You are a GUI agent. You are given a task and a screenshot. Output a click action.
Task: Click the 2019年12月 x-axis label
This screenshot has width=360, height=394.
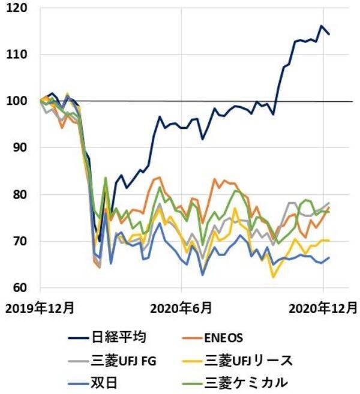40,308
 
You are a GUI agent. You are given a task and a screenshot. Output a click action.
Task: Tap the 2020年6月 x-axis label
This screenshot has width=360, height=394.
181,308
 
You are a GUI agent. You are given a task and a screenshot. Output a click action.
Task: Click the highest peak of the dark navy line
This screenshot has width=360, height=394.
322,26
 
